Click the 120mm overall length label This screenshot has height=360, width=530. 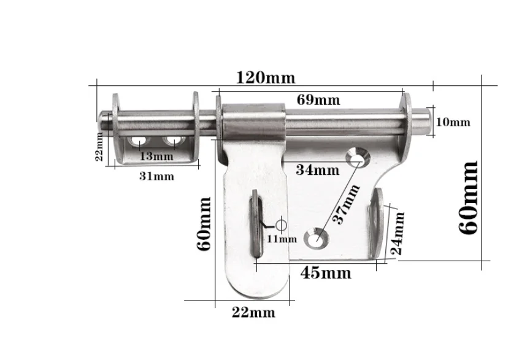coord(266,78)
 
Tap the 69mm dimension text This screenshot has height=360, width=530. coord(318,100)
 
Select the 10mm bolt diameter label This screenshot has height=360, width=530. coord(453,122)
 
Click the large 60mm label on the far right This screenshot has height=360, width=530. coord(468,197)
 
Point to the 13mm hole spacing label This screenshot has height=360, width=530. coord(156,156)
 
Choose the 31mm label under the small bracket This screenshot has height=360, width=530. coord(156,176)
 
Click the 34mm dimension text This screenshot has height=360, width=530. coord(317,170)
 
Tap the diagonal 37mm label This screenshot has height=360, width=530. coord(346,204)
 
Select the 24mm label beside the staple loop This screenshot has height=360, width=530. coord(397,233)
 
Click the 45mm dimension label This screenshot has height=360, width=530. coord(326,272)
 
